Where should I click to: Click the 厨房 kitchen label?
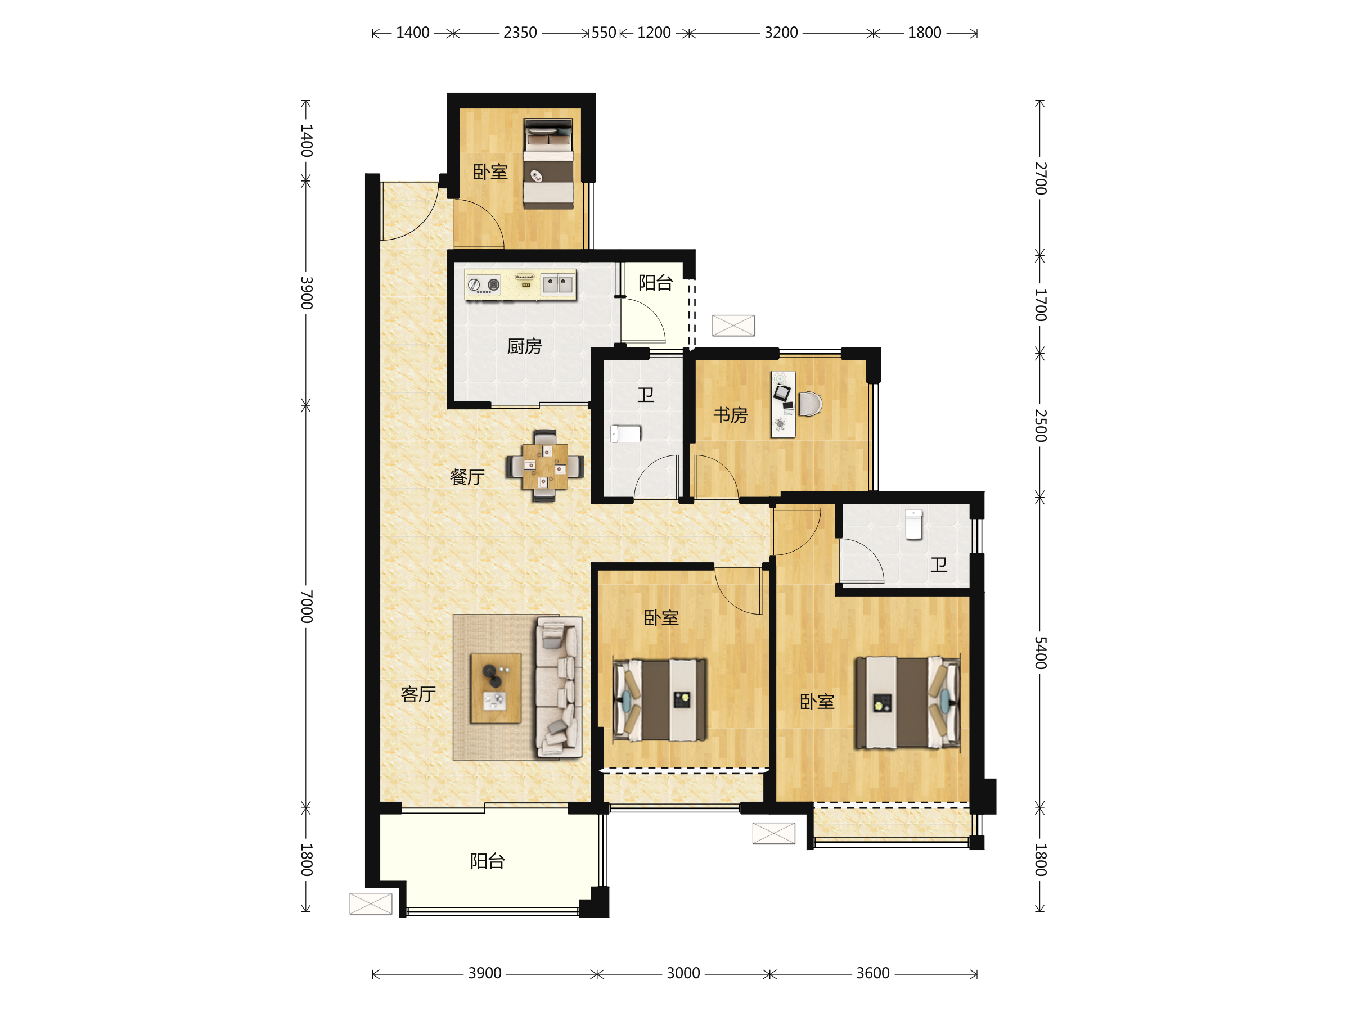coord(524,346)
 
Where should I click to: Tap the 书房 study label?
coord(731,415)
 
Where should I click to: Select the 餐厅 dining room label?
coord(467,477)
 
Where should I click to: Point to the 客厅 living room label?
coord(418,694)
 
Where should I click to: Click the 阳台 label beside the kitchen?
coord(655,282)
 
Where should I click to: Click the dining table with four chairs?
coord(545,466)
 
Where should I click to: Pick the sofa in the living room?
coord(559,688)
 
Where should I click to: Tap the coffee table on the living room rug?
coord(496,688)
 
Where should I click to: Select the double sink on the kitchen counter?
coord(558,284)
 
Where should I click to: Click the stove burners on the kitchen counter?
coord(483,284)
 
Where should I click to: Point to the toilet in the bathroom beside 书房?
coord(626,433)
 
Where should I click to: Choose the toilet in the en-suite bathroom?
coord(913,525)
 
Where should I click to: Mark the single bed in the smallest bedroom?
coord(548,164)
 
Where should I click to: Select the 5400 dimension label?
coord(1041,653)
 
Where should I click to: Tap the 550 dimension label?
coord(604,33)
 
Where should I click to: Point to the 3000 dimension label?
coord(683,973)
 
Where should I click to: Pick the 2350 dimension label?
coord(520,33)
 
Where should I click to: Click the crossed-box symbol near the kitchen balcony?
coord(733,326)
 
